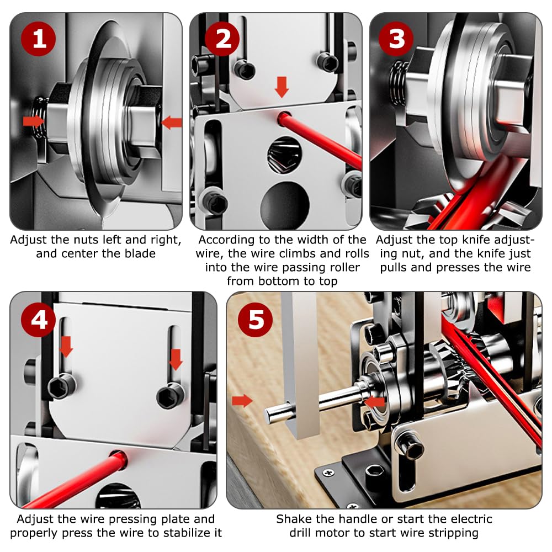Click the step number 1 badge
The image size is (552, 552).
39,39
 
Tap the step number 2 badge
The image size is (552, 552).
222,39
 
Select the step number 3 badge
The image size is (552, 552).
396,39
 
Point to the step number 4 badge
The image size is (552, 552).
39,320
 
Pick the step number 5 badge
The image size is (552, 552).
255,320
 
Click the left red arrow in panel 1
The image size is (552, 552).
34,121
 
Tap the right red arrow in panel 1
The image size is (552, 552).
172,123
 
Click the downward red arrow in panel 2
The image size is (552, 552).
282,87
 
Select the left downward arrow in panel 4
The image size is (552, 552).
66,347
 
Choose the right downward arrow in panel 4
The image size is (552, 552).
176,359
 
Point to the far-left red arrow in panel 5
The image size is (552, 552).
242,401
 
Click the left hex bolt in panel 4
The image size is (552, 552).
61,387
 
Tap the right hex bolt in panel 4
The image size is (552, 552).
171,395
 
